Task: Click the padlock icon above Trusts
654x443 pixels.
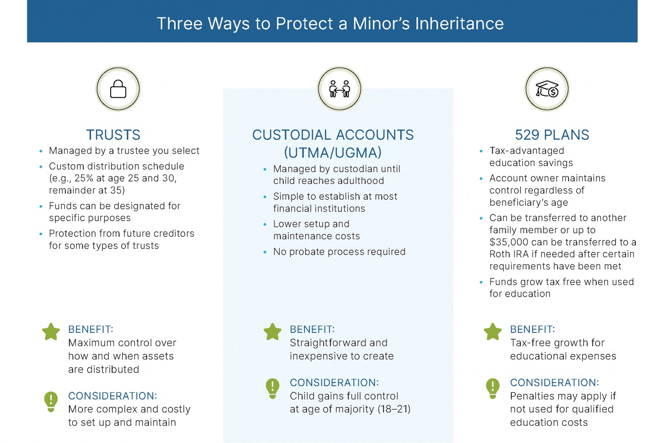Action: [118, 89]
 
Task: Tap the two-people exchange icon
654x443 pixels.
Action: [339, 89]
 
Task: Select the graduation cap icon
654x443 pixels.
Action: [547, 89]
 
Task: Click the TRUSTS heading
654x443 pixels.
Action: [113, 135]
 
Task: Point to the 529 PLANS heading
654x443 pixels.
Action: [552, 135]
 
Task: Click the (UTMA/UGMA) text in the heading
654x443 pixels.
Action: [333, 153]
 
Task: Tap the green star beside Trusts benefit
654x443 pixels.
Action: [51, 331]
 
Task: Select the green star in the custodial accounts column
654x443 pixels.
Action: [273, 331]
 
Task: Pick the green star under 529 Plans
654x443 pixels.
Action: [493, 331]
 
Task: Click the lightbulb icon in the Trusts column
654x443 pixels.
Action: [51, 401]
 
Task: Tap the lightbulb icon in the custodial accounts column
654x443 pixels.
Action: [273, 389]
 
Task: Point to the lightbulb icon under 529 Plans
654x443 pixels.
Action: [493, 389]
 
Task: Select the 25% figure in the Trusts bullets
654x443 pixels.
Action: [84, 178]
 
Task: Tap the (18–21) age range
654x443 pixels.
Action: [394, 409]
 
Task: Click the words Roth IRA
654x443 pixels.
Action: [509, 254]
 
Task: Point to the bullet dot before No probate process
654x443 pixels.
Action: [265, 252]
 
